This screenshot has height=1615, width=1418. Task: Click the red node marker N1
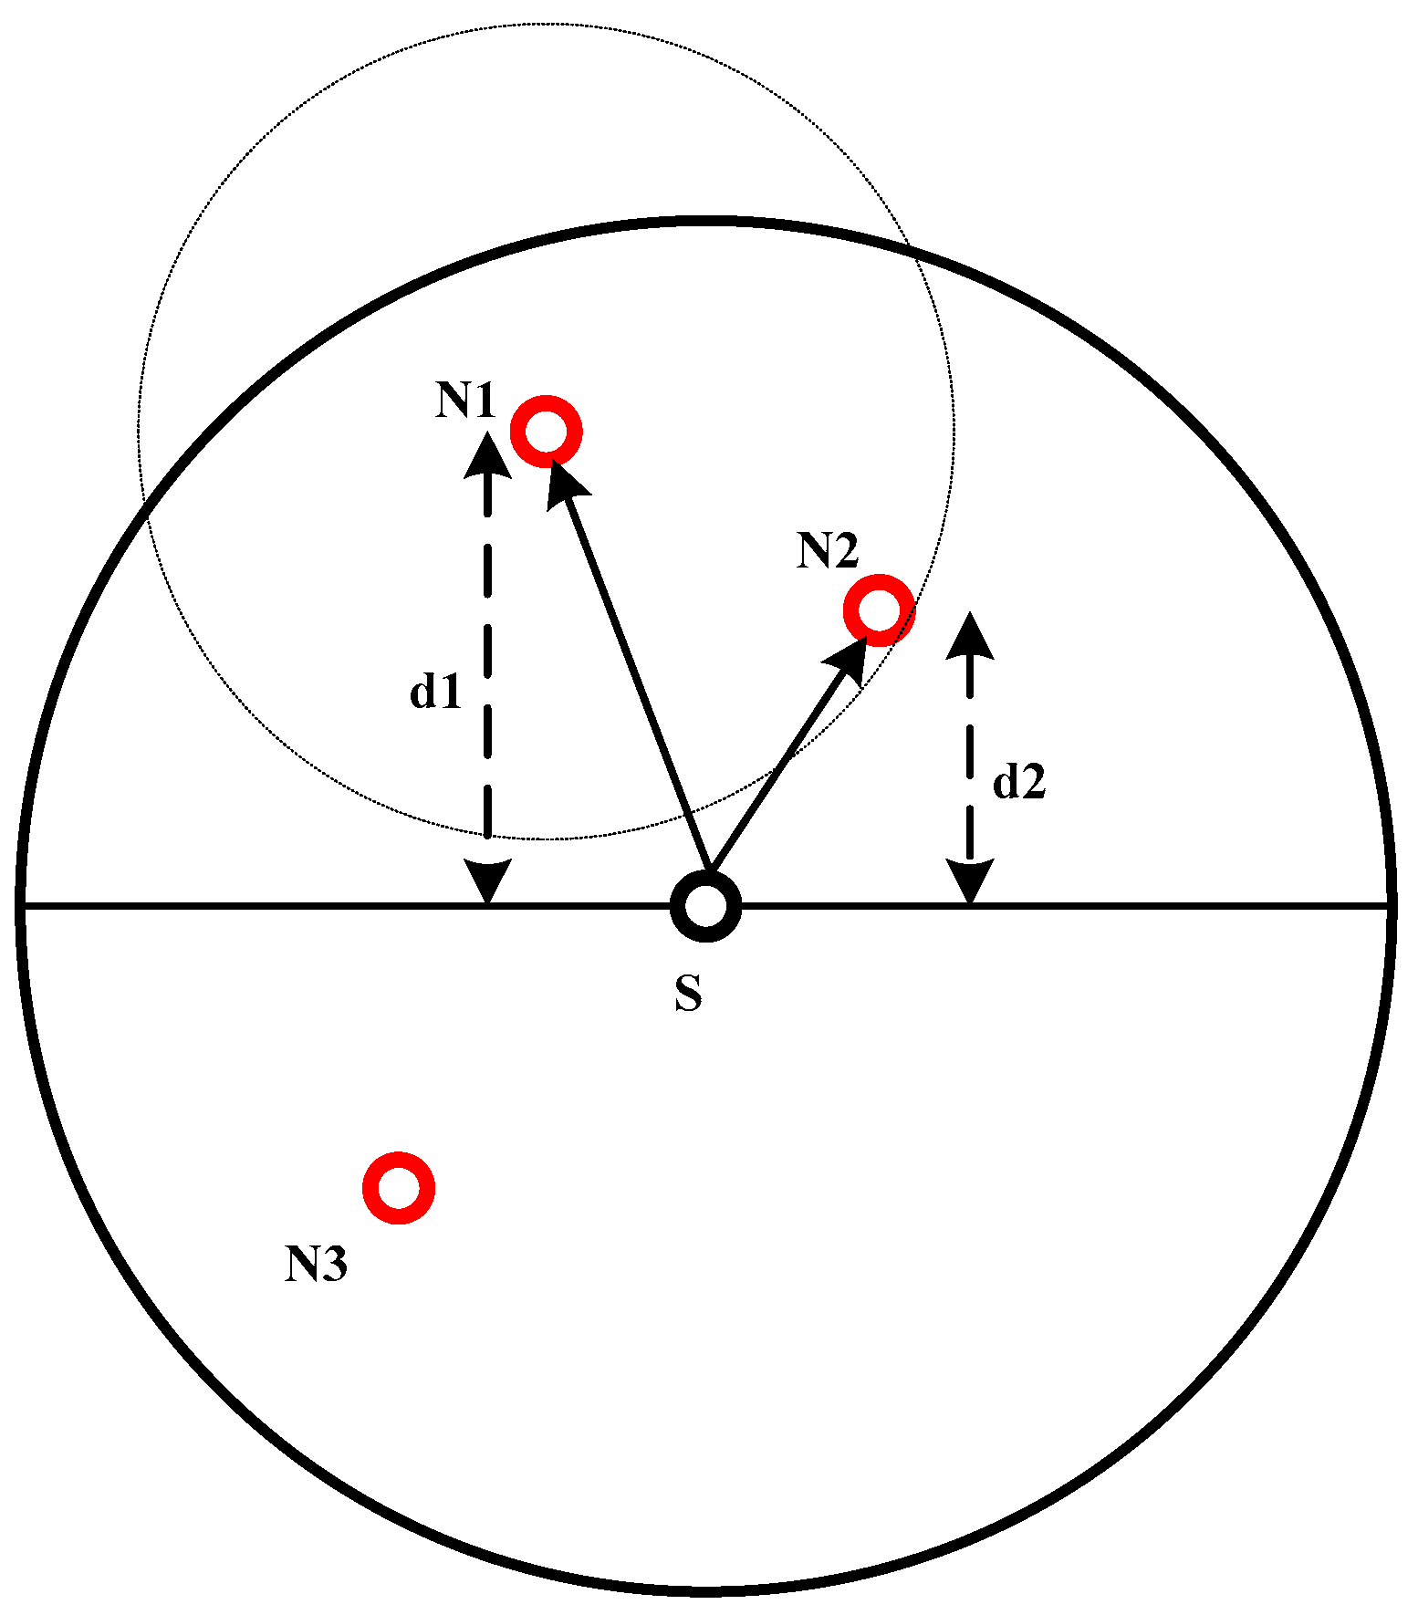[546, 432]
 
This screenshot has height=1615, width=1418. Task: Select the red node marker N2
[879, 610]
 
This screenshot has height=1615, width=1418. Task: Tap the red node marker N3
[398, 1187]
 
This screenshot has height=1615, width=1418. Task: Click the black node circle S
[705, 906]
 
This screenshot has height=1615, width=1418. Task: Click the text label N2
[828, 551]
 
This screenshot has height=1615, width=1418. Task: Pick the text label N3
[316, 1265]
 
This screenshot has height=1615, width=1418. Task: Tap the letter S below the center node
[689, 994]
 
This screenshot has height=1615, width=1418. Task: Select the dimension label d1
[435, 693]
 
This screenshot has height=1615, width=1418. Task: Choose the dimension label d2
[1019, 782]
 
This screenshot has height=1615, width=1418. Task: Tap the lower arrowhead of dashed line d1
[488, 880]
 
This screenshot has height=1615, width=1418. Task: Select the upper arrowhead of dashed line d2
[969, 635]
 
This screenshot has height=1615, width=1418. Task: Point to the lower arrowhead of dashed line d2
[969, 880]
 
